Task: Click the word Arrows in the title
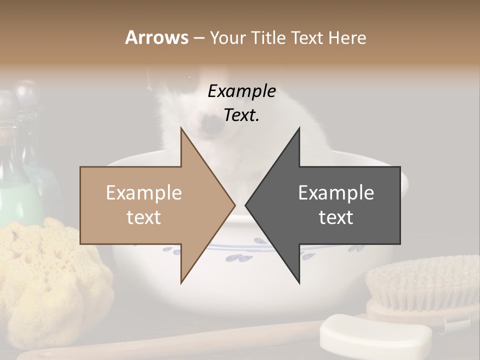156,37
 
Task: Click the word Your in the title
227,38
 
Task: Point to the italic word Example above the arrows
241,91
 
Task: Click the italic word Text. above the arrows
241,115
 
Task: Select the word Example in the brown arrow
144,193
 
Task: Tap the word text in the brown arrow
144,217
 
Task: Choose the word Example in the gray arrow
336,193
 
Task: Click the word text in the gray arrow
336,217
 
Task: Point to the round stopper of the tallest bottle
26,92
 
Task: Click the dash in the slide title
198,38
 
